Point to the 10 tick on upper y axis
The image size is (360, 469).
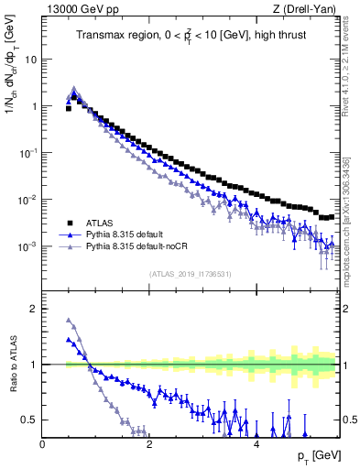(x=30, y=59)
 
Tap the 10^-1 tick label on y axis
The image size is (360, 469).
(x=27, y=153)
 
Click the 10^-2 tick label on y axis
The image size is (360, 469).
(x=27, y=200)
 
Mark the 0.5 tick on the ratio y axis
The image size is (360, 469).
(x=29, y=420)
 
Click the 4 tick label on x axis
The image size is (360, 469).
(x=256, y=444)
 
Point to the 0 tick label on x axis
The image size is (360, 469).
(x=43, y=444)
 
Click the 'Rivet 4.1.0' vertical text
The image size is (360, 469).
(x=351, y=73)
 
